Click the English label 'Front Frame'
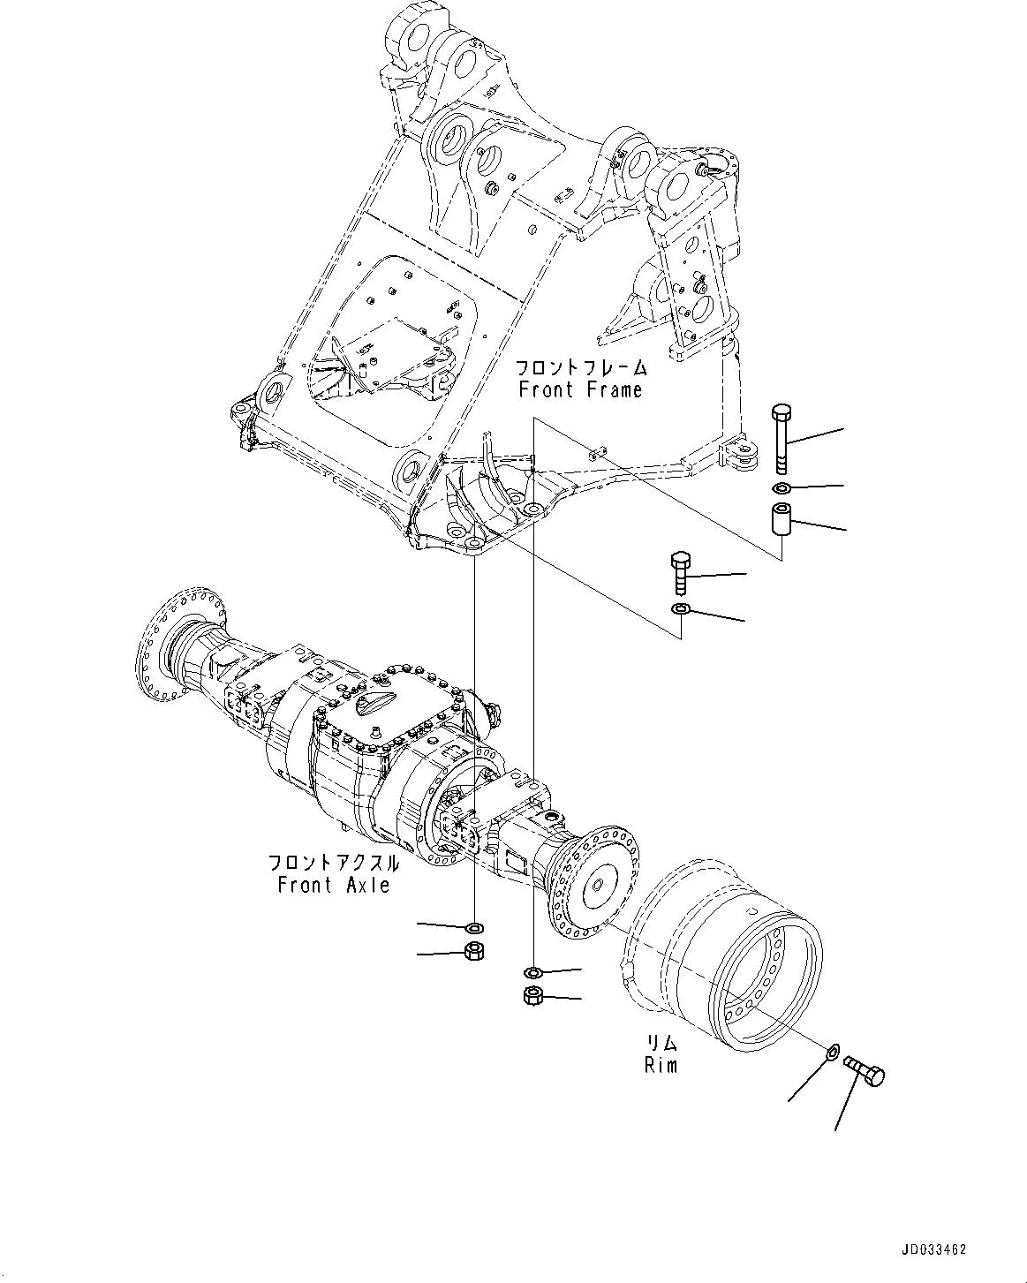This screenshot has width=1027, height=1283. [x=580, y=389]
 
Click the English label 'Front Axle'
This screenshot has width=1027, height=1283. [x=333, y=885]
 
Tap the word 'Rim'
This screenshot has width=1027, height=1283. [x=661, y=1066]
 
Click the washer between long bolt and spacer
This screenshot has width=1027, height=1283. [x=781, y=488]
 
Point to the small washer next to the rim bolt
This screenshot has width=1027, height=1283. [x=831, y=1051]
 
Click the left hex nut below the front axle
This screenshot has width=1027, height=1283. [x=474, y=952]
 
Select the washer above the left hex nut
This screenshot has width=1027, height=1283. [x=474, y=927]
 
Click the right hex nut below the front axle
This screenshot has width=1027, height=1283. [x=533, y=995]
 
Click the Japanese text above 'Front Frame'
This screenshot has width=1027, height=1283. [x=581, y=367]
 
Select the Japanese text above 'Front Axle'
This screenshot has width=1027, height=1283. [x=333, y=863]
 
